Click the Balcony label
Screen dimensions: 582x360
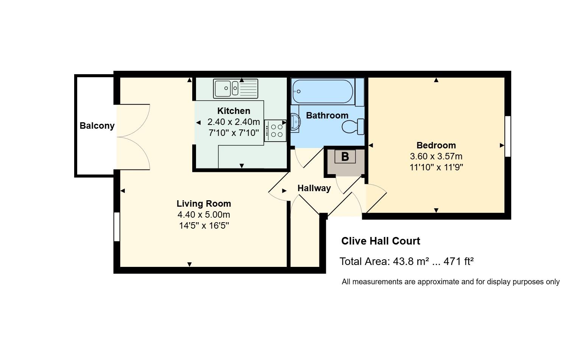pyautogui.click(x=97, y=126)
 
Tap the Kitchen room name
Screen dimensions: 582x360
pyautogui.click(x=233, y=111)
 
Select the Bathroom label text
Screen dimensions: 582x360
pyautogui.click(x=327, y=115)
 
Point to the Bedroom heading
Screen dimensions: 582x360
pyautogui.click(x=436, y=145)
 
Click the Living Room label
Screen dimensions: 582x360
pyautogui.click(x=204, y=204)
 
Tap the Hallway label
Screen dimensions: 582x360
pyautogui.click(x=314, y=188)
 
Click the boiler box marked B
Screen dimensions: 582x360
pyautogui.click(x=345, y=157)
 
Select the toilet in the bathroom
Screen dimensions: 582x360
pyautogui.click(x=353, y=126)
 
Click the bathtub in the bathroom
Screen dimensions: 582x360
pyautogui.click(x=323, y=92)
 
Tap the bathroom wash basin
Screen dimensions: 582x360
pyautogui.click(x=296, y=122)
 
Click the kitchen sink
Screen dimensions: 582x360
pyautogui.click(x=236, y=89)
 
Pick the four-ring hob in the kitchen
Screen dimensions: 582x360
pyautogui.click(x=275, y=131)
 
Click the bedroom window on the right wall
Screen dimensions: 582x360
pyautogui.click(x=508, y=136)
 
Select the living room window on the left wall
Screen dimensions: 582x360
pyautogui.click(x=117, y=227)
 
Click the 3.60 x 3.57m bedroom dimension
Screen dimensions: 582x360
pyautogui.click(x=436, y=156)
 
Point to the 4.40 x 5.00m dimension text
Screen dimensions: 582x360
pyautogui.click(x=204, y=215)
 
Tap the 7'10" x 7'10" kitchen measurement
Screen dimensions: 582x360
pyautogui.click(x=233, y=133)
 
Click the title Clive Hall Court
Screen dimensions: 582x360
pyautogui.click(x=381, y=241)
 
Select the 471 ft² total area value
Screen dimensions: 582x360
pyautogui.click(x=459, y=262)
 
